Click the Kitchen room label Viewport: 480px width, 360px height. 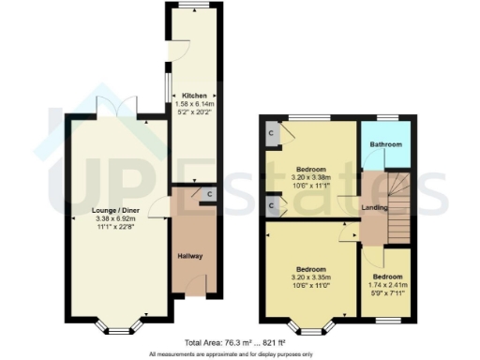click(195, 96)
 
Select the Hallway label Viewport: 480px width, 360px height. click(190, 256)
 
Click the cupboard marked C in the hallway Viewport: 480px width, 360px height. click(208, 195)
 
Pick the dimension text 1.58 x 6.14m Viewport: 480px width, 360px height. click(195, 104)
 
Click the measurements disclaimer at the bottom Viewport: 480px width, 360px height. click(240, 354)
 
